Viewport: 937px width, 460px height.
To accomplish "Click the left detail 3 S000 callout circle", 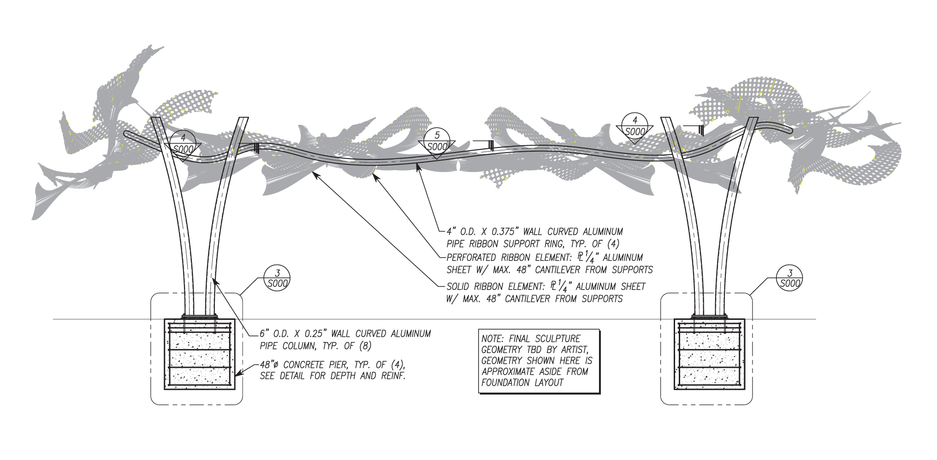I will pyautogui.click(x=277, y=278).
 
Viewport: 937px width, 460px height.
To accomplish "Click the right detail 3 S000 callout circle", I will pyautogui.click(x=789, y=278).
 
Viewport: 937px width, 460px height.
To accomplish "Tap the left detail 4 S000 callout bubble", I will pyautogui.click(x=183, y=143).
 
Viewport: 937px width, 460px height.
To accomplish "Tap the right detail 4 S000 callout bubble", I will pyautogui.click(x=635, y=126).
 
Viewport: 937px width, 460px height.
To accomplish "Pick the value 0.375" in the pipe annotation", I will pyautogui.click(x=504, y=232).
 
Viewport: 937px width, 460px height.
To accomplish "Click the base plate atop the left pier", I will pyautogui.click(x=200, y=316).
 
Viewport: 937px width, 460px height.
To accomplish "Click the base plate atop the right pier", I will pyautogui.click(x=709, y=316).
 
